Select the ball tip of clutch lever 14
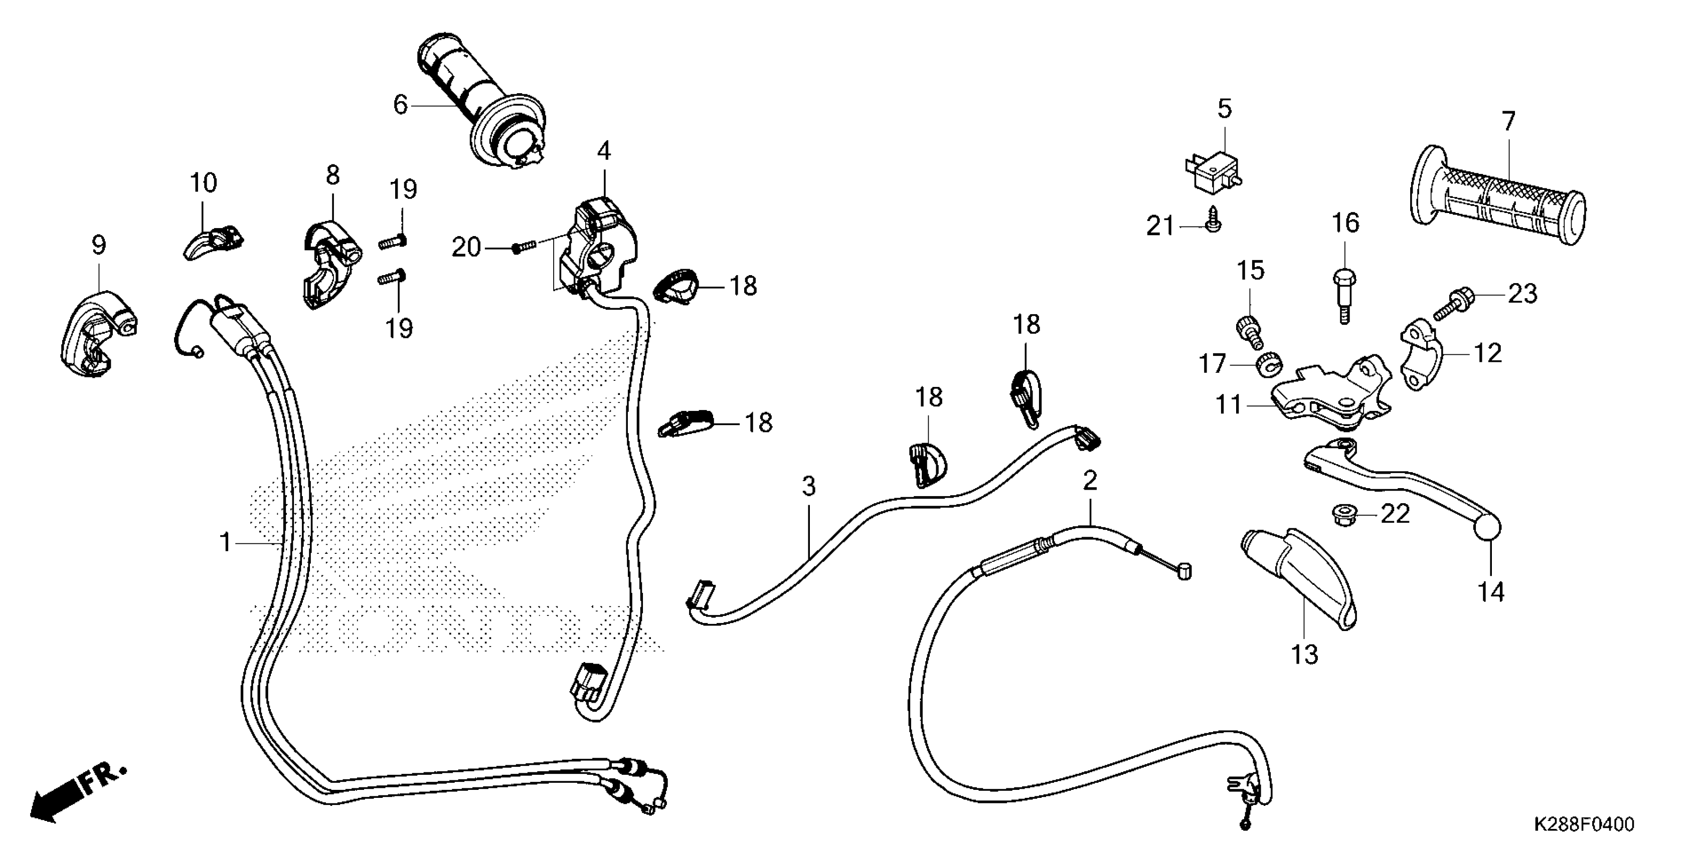coord(1488,529)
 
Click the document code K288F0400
coord(1583,824)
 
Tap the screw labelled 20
coord(523,248)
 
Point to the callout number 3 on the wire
coord(809,487)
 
